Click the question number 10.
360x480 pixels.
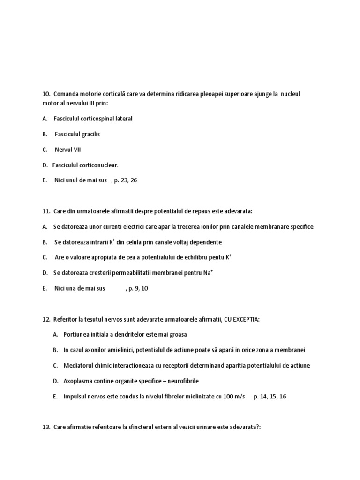(x=45, y=94)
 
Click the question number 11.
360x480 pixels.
(x=45, y=211)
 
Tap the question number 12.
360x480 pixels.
(x=45, y=319)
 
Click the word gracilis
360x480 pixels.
(x=91, y=134)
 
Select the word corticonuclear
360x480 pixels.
(x=97, y=165)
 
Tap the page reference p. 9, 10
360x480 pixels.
(x=137, y=288)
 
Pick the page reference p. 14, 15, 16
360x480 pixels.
(x=270, y=396)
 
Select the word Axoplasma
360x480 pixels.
(x=78, y=381)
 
